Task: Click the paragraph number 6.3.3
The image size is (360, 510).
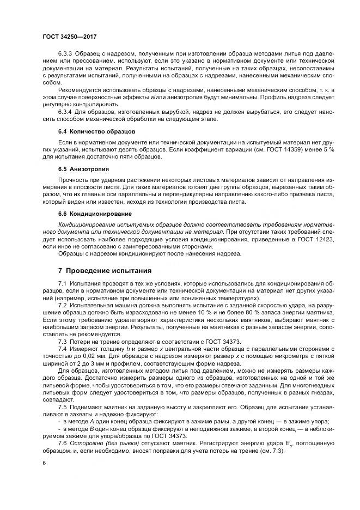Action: pos(66,54)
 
